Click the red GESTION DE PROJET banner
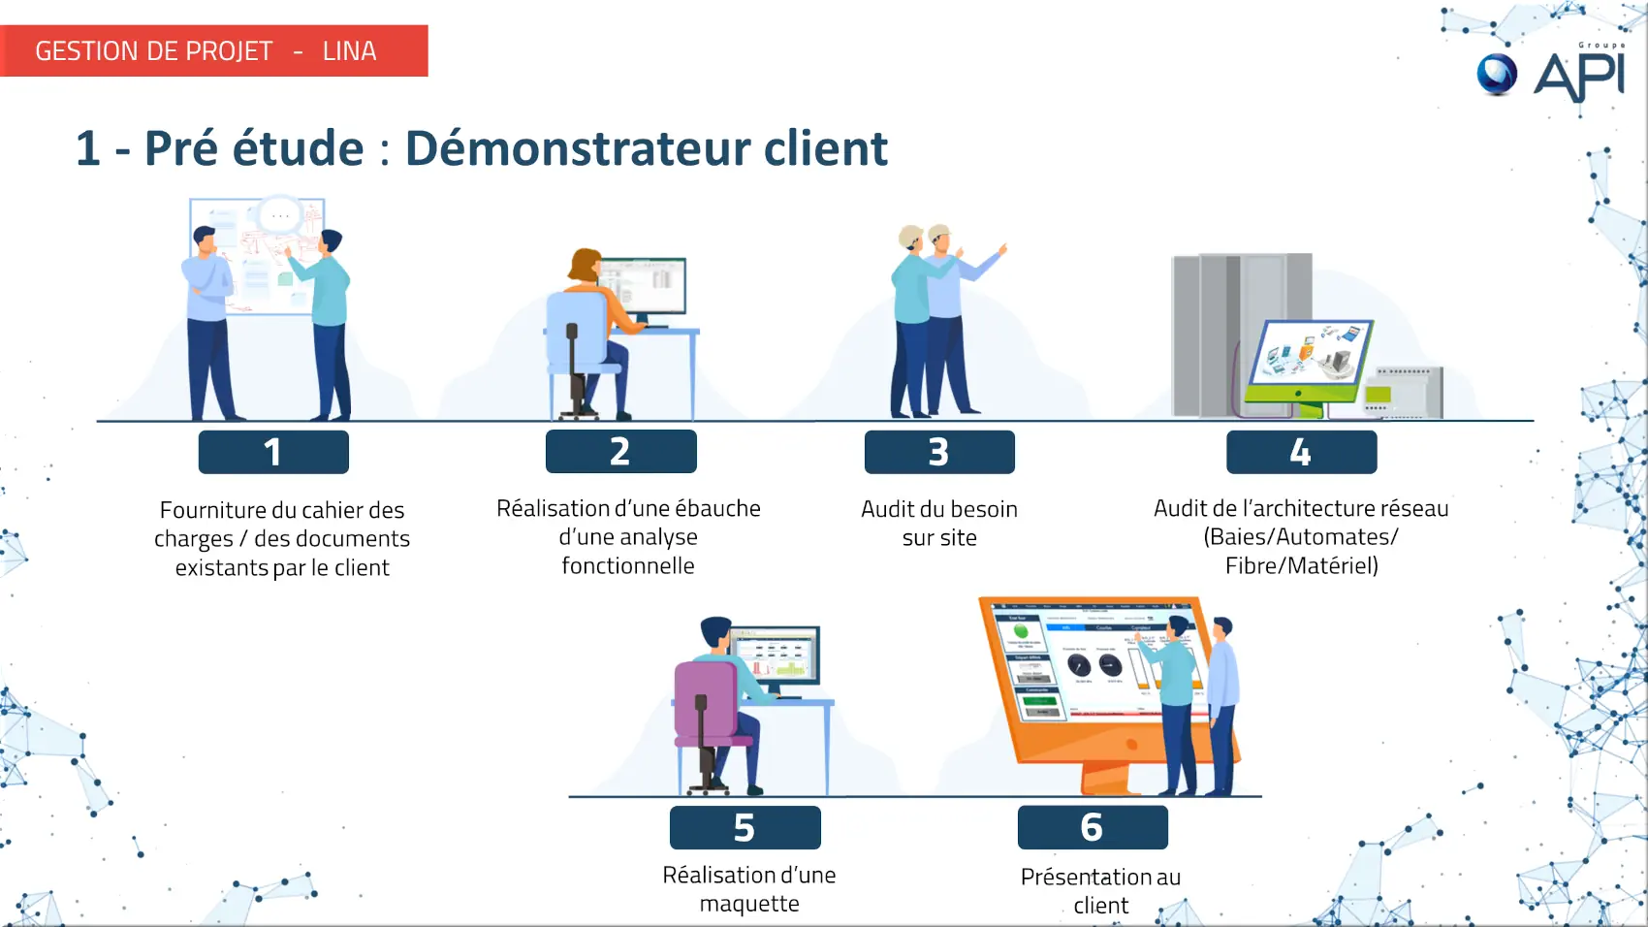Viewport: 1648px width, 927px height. [x=213, y=50]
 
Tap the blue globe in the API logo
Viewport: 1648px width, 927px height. [x=1497, y=74]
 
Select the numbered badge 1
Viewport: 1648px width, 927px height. [x=273, y=452]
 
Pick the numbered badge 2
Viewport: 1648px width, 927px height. [x=620, y=452]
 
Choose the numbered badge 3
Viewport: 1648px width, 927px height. [x=938, y=452]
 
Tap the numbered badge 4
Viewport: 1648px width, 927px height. [x=1301, y=452]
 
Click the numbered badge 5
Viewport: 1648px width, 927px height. [x=745, y=828]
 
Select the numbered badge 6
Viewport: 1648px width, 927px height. [x=1092, y=827]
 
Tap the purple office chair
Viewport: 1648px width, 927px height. [x=706, y=708]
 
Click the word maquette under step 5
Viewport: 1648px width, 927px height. [x=749, y=904]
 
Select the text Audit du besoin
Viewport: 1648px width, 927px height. [x=938, y=509]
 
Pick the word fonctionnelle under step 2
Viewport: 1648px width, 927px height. [x=628, y=565]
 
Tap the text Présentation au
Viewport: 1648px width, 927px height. [x=1100, y=877]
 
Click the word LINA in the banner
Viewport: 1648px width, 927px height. [x=349, y=51]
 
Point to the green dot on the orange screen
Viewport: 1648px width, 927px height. [x=1021, y=631]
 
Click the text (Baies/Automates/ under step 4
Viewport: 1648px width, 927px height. [x=1301, y=536]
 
